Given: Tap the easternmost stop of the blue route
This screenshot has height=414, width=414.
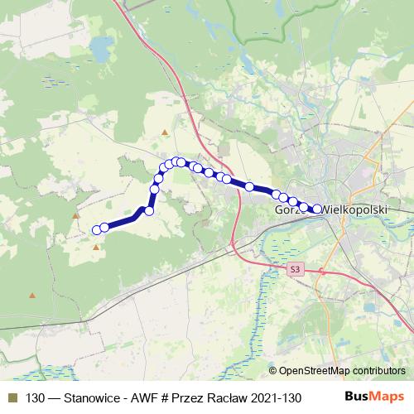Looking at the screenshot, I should click(x=317, y=209).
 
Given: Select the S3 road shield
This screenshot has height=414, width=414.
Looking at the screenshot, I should click(x=296, y=270).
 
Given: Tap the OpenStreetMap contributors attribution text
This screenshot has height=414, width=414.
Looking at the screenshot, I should click(x=342, y=371).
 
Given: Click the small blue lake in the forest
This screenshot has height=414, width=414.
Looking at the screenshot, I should click(x=99, y=54).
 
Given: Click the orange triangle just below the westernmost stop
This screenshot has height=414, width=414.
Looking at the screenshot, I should click(x=96, y=246).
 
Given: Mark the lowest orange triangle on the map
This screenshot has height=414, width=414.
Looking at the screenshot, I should click(x=32, y=294).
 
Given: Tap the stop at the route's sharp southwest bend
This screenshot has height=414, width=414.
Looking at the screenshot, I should click(x=149, y=211).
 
